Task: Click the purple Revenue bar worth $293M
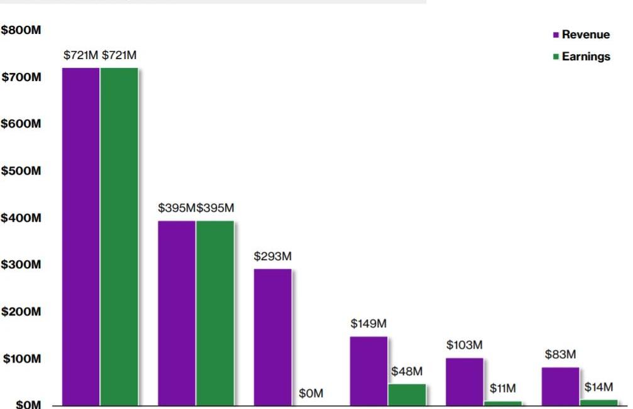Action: tap(272, 337)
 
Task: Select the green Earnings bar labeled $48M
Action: tap(407, 395)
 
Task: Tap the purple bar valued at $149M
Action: tap(368, 371)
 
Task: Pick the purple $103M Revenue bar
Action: tap(465, 381)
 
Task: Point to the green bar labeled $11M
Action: tap(503, 403)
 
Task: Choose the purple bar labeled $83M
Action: tap(560, 386)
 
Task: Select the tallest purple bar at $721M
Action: tap(80, 236)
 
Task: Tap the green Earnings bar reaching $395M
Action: tap(214, 313)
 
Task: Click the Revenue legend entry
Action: tap(585, 35)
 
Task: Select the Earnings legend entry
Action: tap(585, 57)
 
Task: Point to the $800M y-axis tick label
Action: tap(21, 30)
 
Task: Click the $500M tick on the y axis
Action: tap(21, 171)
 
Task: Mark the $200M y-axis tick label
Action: tap(21, 312)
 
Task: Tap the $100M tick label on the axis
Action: tap(21, 359)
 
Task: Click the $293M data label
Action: tap(273, 257)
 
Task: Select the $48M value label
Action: tap(407, 371)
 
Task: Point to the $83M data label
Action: tap(560, 354)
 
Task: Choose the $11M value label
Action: tap(503, 389)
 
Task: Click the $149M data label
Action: tap(368, 324)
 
